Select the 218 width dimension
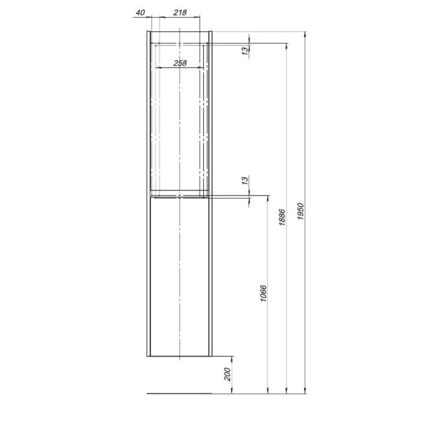[181, 13]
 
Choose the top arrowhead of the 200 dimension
[233, 359]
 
